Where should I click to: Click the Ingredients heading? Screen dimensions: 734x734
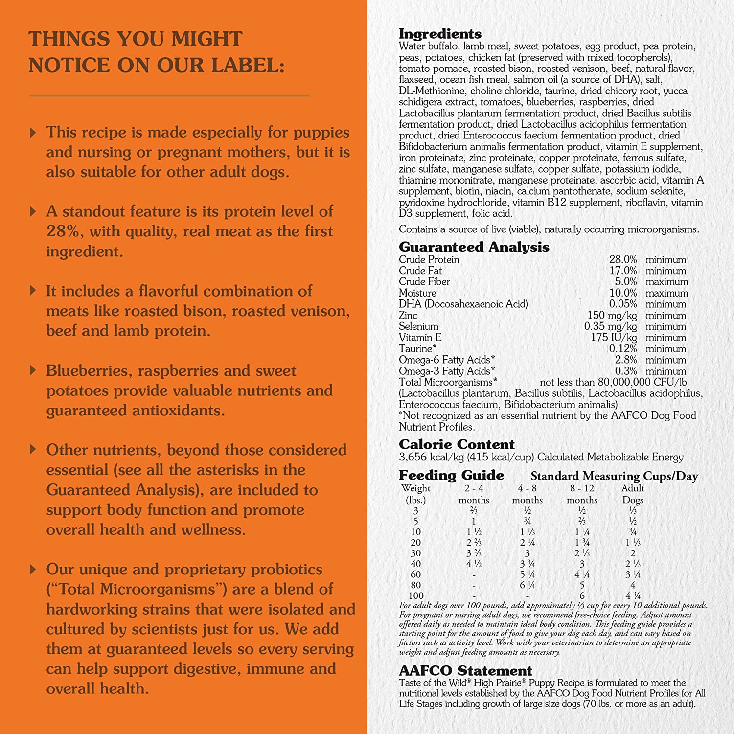coord(440,34)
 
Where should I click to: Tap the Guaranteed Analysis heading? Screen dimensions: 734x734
coord(474,247)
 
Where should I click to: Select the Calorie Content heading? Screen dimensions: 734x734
coord(457,444)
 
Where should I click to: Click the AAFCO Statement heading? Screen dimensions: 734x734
coord(465,670)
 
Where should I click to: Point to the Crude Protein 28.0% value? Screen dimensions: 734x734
coord(622,260)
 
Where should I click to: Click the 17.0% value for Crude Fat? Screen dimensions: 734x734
coord(622,271)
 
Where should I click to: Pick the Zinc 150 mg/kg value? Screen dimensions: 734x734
coord(612,316)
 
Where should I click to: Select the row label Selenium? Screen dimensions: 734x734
coord(418,326)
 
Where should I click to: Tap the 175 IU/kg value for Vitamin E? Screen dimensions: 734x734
coord(614,338)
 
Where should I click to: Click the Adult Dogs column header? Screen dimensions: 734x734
coord(633,494)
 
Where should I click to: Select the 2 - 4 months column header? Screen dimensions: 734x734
coord(474,494)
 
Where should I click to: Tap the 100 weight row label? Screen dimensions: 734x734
coord(416,596)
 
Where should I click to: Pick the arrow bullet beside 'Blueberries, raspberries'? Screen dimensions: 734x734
coord(33,370)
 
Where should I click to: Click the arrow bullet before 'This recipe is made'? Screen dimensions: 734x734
coord(33,132)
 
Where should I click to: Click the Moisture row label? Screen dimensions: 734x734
coord(417,293)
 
